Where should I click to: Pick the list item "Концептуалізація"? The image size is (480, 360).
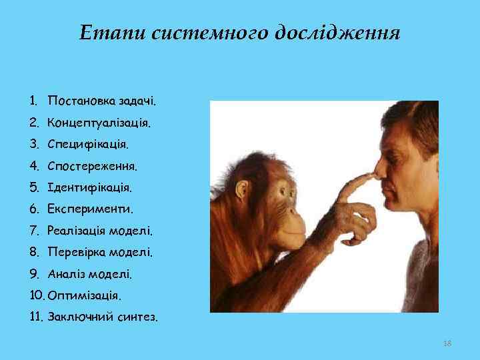pos(99,124)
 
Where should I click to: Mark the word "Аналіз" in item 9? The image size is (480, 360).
pos(66,273)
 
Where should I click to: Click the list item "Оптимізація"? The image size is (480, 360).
pos(85,295)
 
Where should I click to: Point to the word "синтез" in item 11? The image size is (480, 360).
pos(137,316)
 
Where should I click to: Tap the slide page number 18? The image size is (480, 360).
pos(447,343)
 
